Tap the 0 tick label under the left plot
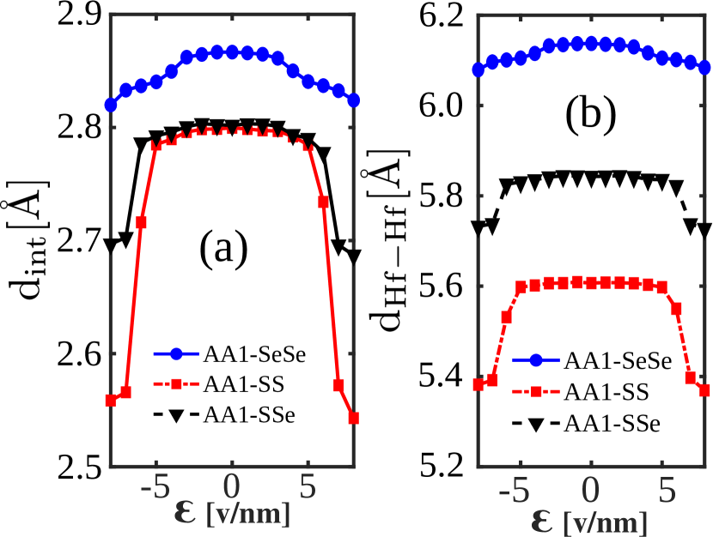click(232, 488)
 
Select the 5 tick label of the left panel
click(308, 488)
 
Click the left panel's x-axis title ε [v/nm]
click(232, 514)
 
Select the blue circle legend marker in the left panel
click(176, 353)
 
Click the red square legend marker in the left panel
click(176, 384)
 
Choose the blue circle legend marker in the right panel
click(536, 360)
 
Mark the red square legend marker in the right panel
click(536, 391)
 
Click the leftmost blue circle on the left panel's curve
click(111, 105)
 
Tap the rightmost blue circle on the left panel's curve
click(353, 100)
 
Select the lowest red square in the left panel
click(353, 418)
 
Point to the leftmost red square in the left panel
click(111, 400)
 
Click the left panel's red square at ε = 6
click(324, 202)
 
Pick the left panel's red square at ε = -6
click(141, 222)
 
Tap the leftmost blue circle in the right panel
click(478, 70)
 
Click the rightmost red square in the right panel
click(704, 390)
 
